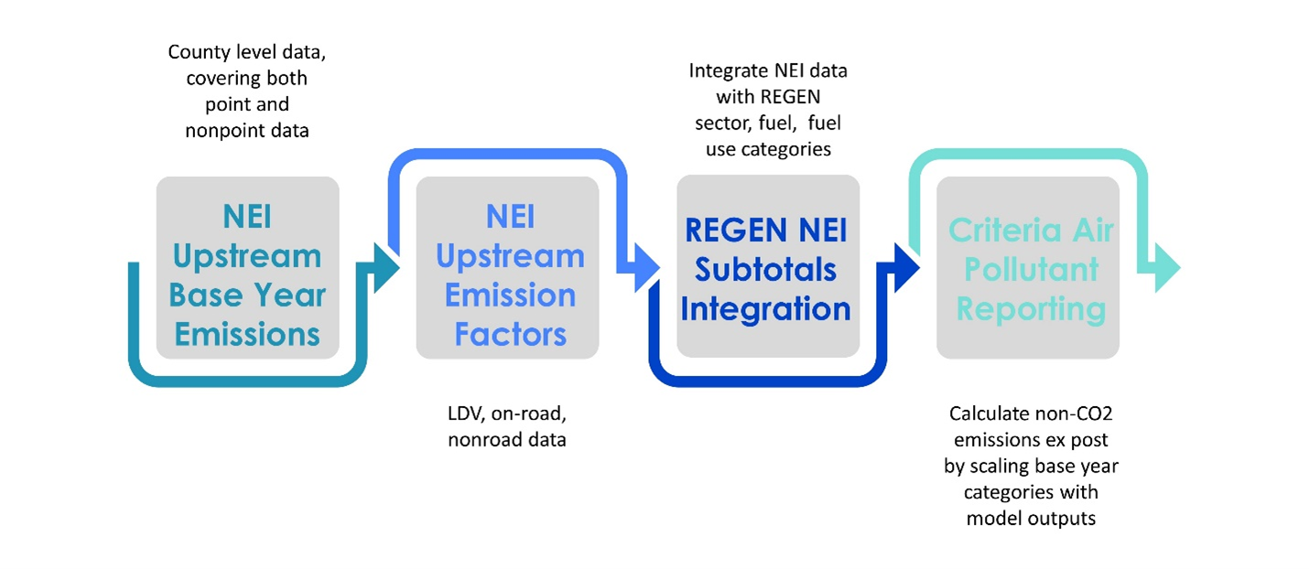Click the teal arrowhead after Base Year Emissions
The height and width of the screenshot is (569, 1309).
click(x=385, y=268)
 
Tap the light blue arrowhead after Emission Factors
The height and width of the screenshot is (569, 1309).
click(x=646, y=268)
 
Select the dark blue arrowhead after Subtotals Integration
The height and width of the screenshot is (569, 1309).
click(x=906, y=268)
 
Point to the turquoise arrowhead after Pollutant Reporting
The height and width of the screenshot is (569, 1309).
click(x=1168, y=268)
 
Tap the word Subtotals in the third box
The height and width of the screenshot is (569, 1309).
click(x=765, y=270)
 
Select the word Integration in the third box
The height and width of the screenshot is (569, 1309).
click(x=765, y=309)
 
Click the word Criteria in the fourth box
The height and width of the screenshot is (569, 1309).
click(x=1003, y=231)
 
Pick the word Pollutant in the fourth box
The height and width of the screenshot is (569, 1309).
click(x=1032, y=270)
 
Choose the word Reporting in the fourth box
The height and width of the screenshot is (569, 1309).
click(x=1032, y=309)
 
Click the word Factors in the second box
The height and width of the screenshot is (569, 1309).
click(x=511, y=335)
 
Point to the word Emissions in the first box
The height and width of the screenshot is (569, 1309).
click(x=247, y=335)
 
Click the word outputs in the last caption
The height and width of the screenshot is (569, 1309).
click(x=1062, y=520)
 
